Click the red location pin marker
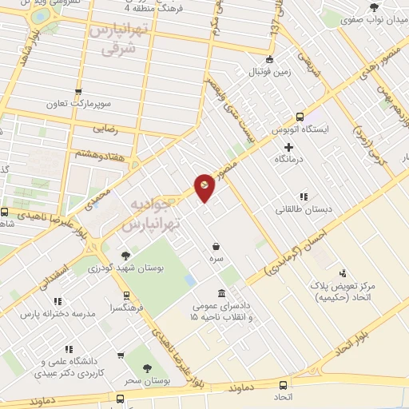205,189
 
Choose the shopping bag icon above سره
216,247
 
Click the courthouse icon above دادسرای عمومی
220,292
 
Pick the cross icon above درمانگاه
289,147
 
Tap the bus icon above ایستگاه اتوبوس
300,116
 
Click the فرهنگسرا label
127,307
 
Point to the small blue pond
190,281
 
